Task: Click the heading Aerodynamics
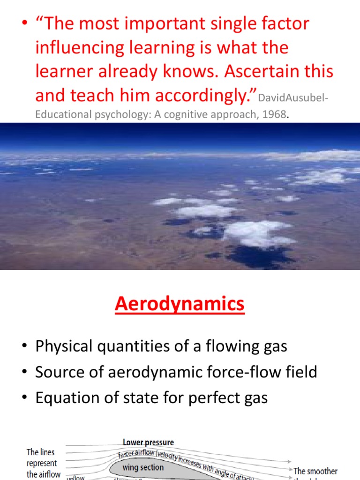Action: [x=180, y=304]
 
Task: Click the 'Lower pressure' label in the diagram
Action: [x=148, y=442]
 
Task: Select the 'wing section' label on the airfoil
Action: [x=143, y=467]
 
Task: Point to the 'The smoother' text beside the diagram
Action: [x=315, y=471]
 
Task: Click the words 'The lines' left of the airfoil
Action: [x=41, y=452]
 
